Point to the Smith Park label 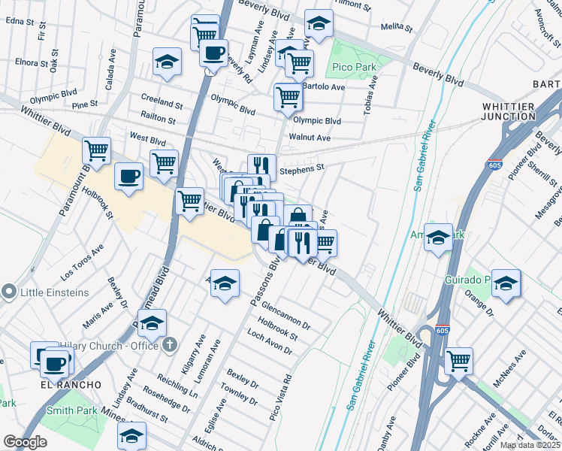click(71, 410)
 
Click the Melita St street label click(397, 26)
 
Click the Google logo click(25, 442)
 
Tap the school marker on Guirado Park click(506, 283)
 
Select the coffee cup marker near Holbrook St click(128, 177)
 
